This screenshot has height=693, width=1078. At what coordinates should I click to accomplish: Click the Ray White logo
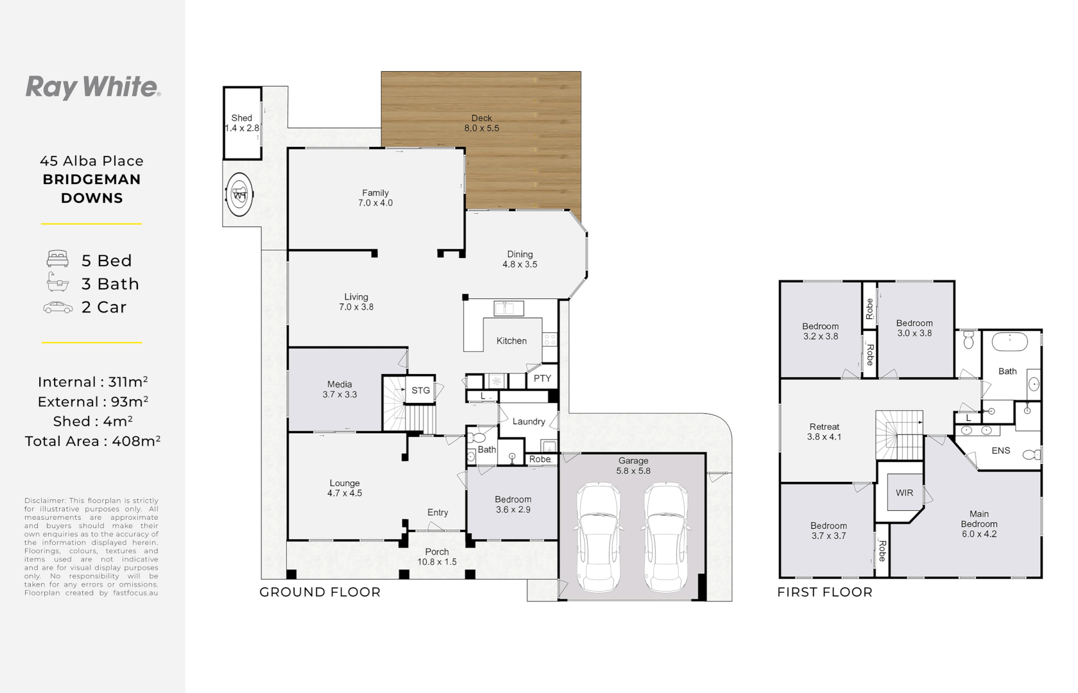(x=93, y=87)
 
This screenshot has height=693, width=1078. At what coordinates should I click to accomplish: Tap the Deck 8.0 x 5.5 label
(x=481, y=123)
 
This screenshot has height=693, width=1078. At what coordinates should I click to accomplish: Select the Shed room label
(x=241, y=118)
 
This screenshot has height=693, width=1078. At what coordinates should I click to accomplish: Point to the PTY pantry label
(x=542, y=379)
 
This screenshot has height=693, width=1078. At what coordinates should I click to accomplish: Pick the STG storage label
(x=421, y=390)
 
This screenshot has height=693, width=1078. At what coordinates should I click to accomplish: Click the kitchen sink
(x=509, y=308)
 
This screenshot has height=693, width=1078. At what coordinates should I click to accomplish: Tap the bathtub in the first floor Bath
(x=1009, y=341)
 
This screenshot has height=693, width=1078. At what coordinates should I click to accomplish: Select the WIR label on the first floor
(x=904, y=493)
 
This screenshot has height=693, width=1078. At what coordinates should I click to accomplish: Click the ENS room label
(x=1001, y=450)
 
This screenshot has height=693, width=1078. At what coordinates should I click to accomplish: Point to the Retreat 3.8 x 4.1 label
(x=825, y=432)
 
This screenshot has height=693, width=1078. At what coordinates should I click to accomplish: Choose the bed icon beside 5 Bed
(x=58, y=259)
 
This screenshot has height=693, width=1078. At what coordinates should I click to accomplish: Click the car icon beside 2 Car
(x=58, y=307)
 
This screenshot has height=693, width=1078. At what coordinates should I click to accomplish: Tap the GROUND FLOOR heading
(x=320, y=592)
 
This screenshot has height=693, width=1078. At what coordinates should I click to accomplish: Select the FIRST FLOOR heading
(x=825, y=592)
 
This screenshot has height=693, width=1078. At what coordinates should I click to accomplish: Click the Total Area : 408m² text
(x=92, y=441)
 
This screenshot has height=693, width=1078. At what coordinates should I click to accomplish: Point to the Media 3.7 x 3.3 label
(x=340, y=389)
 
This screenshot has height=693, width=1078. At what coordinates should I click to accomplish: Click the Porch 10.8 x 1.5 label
(x=437, y=557)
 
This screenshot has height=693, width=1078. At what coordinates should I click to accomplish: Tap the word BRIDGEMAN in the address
(x=92, y=180)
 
